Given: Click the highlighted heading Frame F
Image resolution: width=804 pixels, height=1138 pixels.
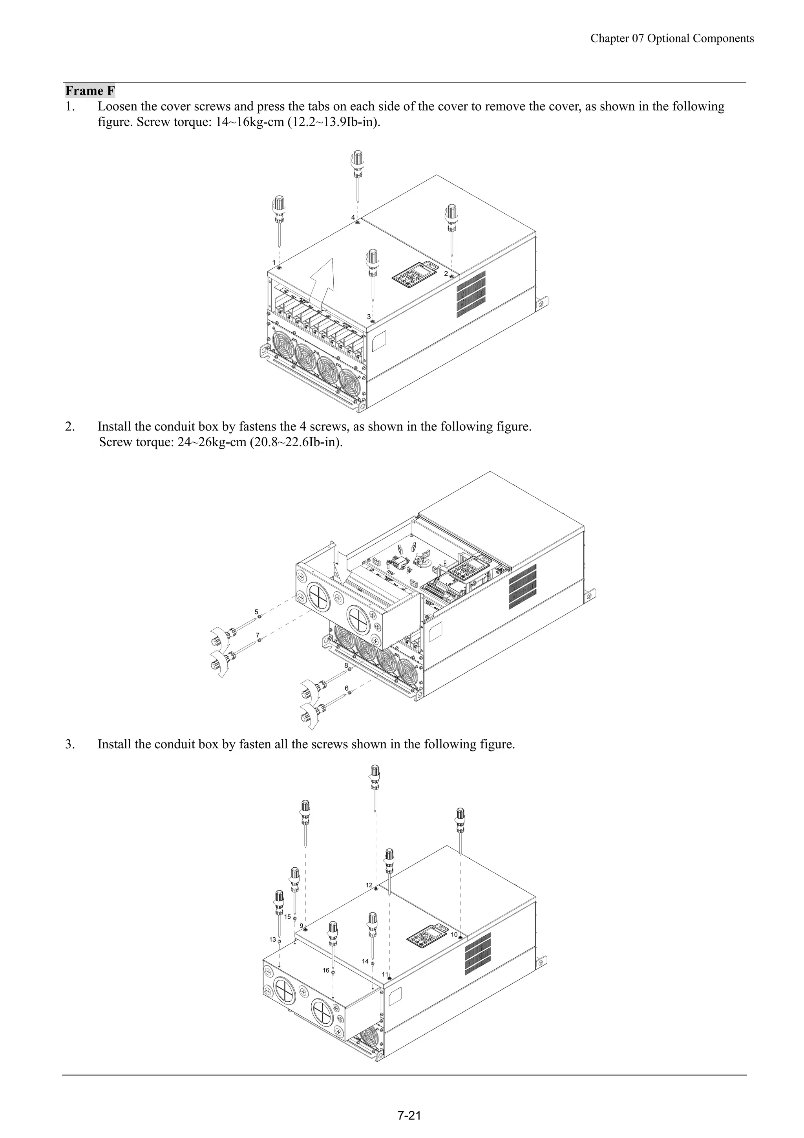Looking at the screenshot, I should [x=90, y=91].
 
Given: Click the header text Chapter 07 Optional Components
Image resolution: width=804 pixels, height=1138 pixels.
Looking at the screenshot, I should [x=672, y=38].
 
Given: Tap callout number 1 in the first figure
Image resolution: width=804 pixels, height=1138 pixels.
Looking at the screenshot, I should [x=274, y=262].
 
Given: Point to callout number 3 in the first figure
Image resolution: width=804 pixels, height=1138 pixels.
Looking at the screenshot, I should [x=369, y=316].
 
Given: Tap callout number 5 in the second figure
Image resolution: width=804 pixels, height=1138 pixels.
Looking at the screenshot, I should [x=256, y=612].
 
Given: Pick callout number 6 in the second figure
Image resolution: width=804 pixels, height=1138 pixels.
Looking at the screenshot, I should [x=347, y=688].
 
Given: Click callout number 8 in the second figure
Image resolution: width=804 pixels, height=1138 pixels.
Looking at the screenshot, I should [x=346, y=665].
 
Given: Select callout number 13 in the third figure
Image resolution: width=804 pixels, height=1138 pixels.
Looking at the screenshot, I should [x=272, y=939].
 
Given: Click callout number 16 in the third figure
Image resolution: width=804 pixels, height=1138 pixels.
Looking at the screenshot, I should [x=326, y=971].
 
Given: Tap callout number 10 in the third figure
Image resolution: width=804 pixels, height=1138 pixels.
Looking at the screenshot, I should [x=454, y=934].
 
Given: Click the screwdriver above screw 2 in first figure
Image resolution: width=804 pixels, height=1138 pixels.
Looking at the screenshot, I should [x=451, y=225].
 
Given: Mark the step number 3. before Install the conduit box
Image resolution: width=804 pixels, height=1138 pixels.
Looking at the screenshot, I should [x=70, y=744].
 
